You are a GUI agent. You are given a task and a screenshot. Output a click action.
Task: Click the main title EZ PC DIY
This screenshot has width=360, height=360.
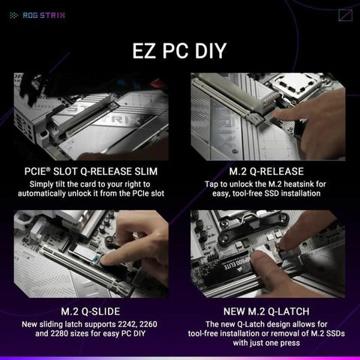coord(179,51)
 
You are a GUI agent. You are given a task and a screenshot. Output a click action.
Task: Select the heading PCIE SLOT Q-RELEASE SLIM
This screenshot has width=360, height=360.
coord(89,171)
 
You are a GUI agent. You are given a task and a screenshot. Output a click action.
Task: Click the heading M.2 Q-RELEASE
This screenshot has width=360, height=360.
coord(268,171)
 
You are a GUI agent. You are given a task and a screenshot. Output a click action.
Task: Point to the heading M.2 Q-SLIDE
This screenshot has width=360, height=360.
coord(89,310)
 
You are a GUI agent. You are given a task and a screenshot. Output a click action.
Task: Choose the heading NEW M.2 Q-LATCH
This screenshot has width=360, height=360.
coord(268,310)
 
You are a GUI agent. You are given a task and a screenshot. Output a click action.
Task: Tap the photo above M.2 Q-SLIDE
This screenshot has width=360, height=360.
coord(89,253)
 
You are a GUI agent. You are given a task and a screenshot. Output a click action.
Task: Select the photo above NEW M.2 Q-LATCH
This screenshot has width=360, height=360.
coord(268,253)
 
